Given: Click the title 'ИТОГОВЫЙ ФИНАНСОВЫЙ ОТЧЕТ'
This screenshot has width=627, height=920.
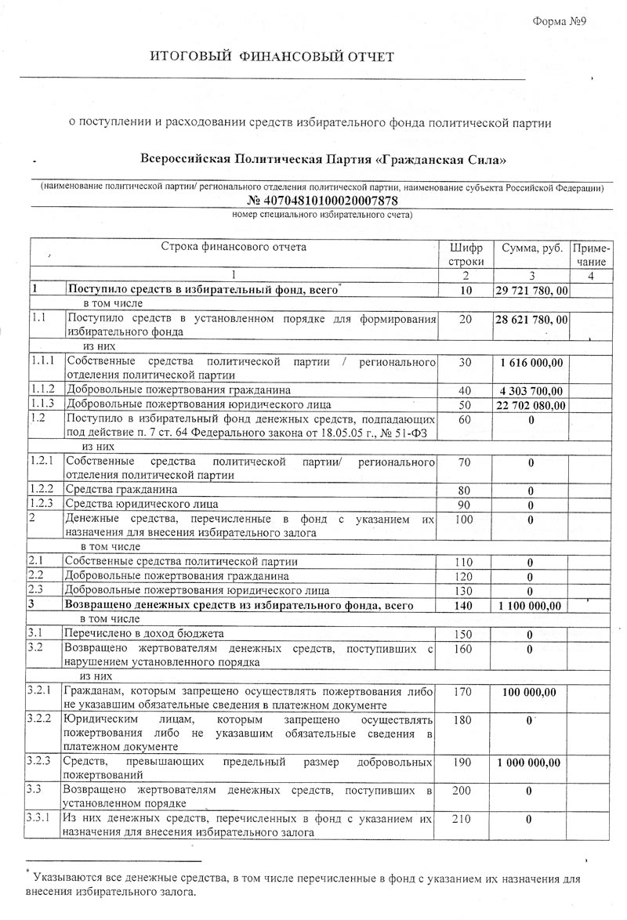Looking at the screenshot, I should tap(273, 56).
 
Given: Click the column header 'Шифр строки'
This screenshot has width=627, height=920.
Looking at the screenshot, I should tap(466, 254).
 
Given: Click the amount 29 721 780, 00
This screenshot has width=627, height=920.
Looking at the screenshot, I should tap(531, 291).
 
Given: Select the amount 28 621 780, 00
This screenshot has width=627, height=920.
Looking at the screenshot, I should tap(531, 320).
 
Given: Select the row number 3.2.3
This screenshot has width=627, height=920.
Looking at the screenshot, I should tap(39, 761).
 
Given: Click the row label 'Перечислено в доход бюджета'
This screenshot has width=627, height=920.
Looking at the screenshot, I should tap(144, 633).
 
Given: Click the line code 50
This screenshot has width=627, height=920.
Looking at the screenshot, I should tap(466, 405).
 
